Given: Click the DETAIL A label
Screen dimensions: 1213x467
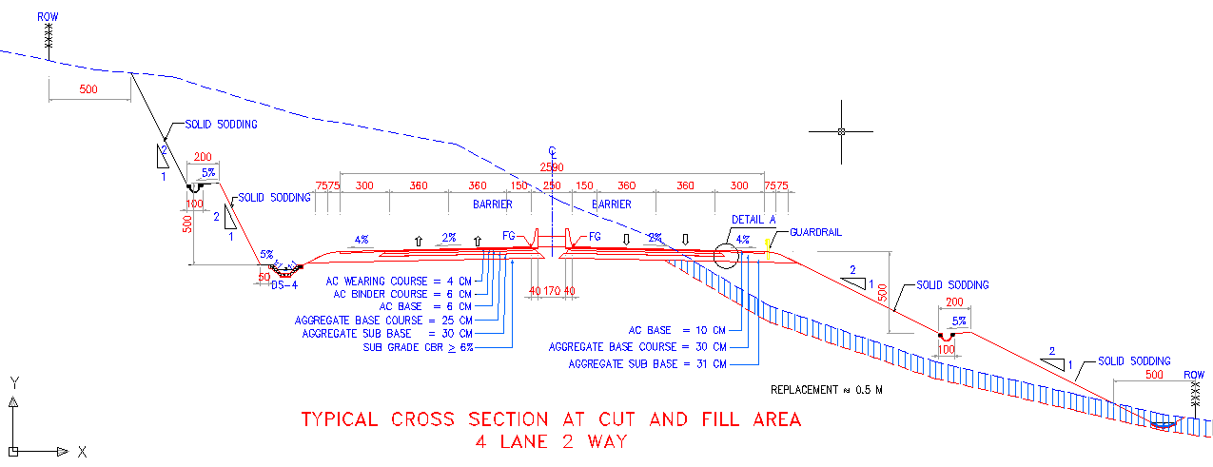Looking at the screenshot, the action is pyautogui.click(x=754, y=220).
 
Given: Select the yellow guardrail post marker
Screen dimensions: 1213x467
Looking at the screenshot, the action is pyautogui.click(x=768, y=249).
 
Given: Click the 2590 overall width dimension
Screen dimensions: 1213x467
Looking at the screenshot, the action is pyautogui.click(x=551, y=167).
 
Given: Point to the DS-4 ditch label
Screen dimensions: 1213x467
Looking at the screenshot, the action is pyautogui.click(x=284, y=284).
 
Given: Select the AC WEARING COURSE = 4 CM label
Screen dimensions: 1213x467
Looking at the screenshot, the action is pyautogui.click(x=398, y=282).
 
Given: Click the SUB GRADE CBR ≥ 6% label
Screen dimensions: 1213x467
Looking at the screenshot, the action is pyautogui.click(x=418, y=347).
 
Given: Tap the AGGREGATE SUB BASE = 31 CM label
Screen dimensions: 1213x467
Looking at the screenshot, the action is pyautogui.click(x=647, y=364).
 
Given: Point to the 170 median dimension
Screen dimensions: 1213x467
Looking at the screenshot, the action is pyautogui.click(x=552, y=291).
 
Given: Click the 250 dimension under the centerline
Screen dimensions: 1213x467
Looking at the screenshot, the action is pyautogui.click(x=552, y=186).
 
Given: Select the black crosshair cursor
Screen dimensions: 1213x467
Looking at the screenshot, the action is pyautogui.click(x=841, y=131).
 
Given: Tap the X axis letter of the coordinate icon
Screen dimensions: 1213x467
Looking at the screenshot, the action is pyautogui.click(x=83, y=451).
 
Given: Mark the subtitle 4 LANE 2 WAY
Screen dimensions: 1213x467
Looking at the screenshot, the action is pyautogui.click(x=552, y=442).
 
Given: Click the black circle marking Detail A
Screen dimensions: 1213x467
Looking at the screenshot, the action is pyautogui.click(x=726, y=255).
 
